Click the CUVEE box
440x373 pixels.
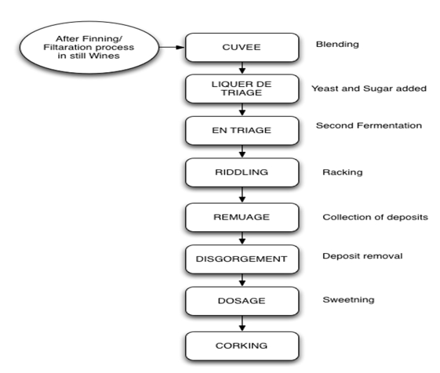pyautogui.click(x=242, y=47)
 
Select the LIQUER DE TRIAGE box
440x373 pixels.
pyautogui.click(x=242, y=89)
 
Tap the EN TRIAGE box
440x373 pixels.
pyautogui.click(x=242, y=130)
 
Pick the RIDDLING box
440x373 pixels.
pyautogui.click(x=242, y=172)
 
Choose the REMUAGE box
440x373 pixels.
pyautogui.click(x=242, y=217)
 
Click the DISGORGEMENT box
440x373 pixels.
pyautogui.click(x=242, y=259)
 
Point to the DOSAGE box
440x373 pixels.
pyautogui.click(x=242, y=301)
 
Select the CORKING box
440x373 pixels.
pyautogui.click(x=242, y=346)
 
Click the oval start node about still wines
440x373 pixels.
pyautogui.click(x=89, y=47)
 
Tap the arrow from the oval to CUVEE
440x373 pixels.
pyautogui.click(x=172, y=47)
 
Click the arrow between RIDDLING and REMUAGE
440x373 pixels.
pyautogui.click(x=242, y=194)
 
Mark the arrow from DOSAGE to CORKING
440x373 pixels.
pyautogui.click(x=242, y=324)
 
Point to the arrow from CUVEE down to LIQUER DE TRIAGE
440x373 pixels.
pyautogui.click(x=242, y=68)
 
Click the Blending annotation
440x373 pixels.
pyautogui.click(x=337, y=45)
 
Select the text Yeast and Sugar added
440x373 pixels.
pyautogui.click(x=369, y=89)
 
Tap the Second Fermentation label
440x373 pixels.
pyautogui.click(x=369, y=125)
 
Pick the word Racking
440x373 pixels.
pyautogui.click(x=342, y=172)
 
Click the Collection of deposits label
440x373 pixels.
pyautogui.click(x=375, y=217)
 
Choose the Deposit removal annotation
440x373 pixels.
pyautogui.click(x=362, y=256)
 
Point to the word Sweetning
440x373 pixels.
pyautogui.click(x=348, y=300)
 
